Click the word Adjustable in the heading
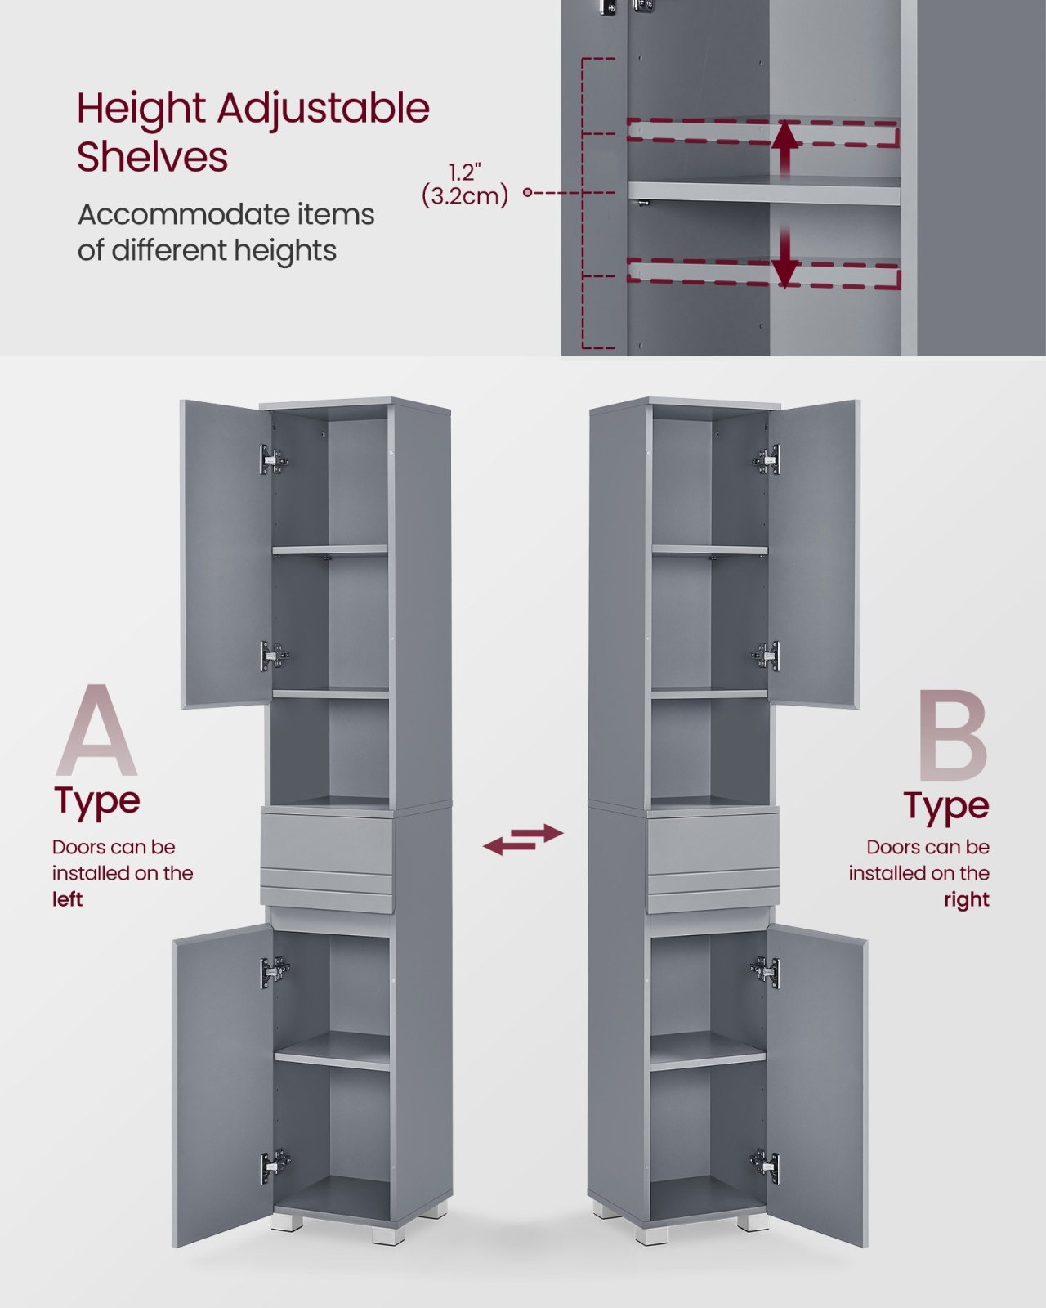coord(323,110)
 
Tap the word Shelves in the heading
coord(152,157)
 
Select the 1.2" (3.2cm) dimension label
coord(464,185)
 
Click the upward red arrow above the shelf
coord(788,150)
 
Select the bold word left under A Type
coord(67,899)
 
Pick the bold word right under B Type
coord(967,899)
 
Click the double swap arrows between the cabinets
coord(523,840)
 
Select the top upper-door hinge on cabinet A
coord(274,459)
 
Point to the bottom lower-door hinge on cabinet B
coord(765,1166)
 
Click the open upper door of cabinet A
coord(225,554)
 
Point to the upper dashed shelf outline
coord(762,133)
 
